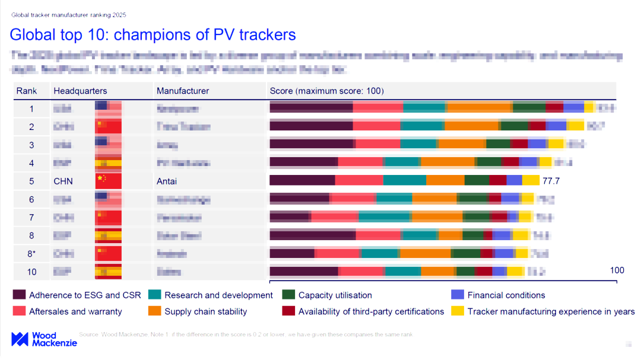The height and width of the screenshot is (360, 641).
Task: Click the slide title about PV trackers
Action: (153, 34)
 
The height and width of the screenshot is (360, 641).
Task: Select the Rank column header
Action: (27, 91)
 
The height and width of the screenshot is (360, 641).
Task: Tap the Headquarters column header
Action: (80, 91)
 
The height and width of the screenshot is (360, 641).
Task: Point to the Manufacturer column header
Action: (183, 91)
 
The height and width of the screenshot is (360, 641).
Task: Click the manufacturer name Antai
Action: (167, 181)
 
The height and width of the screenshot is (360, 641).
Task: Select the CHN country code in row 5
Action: (64, 181)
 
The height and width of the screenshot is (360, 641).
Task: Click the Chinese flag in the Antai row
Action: (108, 181)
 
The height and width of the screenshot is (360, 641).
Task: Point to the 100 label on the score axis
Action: (617, 270)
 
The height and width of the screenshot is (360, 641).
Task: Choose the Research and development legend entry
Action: (212, 295)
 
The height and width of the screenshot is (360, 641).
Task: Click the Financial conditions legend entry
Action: (500, 295)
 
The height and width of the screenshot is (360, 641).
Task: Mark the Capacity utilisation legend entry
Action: (329, 295)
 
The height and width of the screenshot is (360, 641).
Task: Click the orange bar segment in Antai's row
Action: (445, 181)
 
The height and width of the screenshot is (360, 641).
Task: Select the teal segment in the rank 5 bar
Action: (404, 181)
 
